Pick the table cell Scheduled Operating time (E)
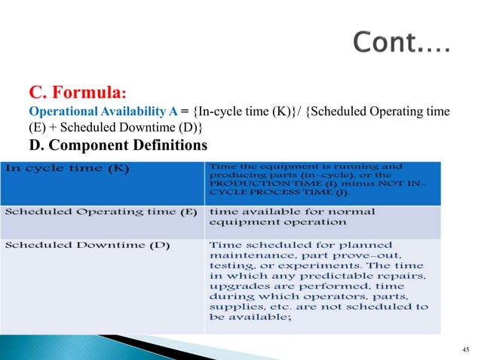click(x=103, y=212)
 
